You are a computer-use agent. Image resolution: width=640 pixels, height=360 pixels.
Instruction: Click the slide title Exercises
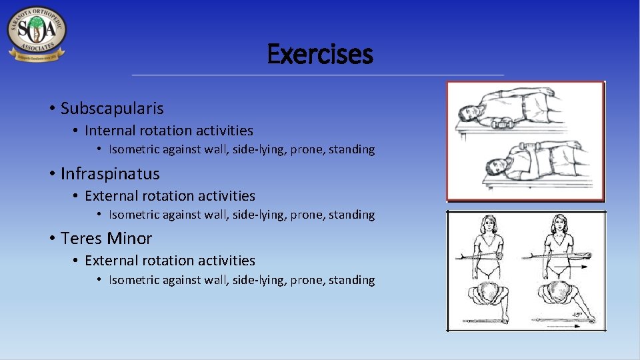[320, 55]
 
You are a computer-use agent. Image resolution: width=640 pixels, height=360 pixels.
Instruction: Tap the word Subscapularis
[112, 109]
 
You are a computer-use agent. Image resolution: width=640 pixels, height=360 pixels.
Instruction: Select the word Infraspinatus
[110, 174]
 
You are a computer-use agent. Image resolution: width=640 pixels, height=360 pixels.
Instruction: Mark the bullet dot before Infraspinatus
[51, 174]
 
